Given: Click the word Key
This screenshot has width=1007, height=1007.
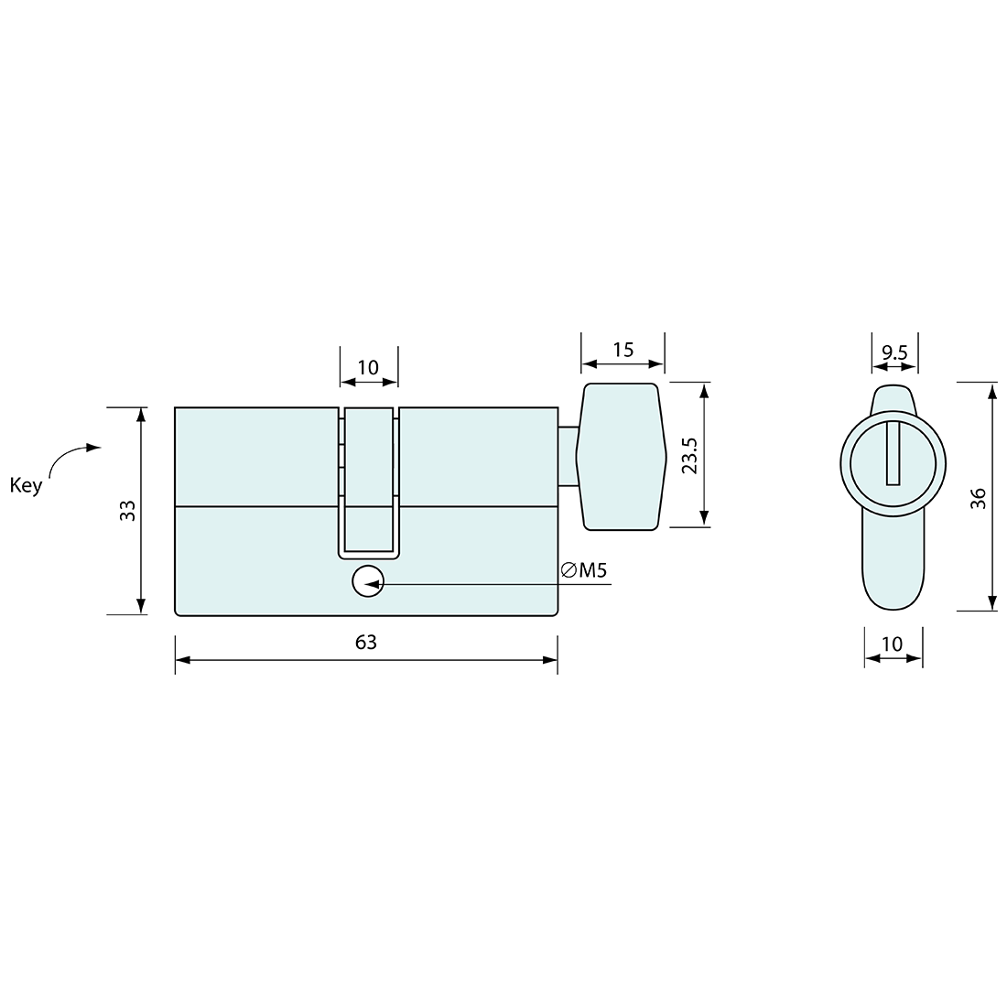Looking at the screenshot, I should pyautogui.click(x=26, y=485).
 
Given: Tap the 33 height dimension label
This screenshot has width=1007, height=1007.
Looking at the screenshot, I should pyautogui.click(x=128, y=511).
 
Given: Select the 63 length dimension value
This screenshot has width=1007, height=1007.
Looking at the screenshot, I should pyautogui.click(x=366, y=642).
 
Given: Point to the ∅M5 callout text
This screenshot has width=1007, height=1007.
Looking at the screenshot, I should pyautogui.click(x=584, y=571).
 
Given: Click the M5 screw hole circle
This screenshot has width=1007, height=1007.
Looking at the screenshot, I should pyautogui.click(x=368, y=582).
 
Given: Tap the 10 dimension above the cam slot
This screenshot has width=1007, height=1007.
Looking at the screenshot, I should pyautogui.click(x=368, y=367).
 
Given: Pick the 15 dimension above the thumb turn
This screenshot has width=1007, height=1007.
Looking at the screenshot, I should pyautogui.click(x=623, y=349).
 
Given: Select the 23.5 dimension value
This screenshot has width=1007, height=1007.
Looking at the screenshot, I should pyautogui.click(x=690, y=455).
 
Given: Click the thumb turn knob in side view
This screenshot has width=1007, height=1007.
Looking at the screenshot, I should pyautogui.click(x=620, y=456).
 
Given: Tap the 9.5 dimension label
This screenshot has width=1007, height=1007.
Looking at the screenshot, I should pyautogui.click(x=893, y=351).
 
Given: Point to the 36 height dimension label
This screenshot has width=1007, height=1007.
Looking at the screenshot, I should pyautogui.click(x=979, y=497).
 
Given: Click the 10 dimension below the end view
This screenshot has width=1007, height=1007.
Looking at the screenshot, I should pyautogui.click(x=892, y=644).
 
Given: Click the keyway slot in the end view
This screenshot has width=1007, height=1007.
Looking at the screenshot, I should pyautogui.click(x=893, y=453).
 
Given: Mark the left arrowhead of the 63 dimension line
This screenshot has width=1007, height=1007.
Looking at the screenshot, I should pyautogui.click(x=181, y=659).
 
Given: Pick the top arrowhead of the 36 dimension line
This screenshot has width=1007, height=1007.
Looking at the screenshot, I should pyautogui.click(x=991, y=390).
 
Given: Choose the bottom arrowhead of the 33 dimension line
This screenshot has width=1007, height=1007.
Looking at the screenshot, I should pyautogui.click(x=140, y=606).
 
